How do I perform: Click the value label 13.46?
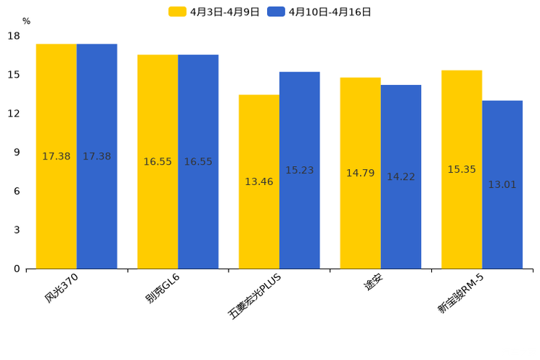259,182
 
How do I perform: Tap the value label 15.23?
299,171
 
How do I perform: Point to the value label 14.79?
360,173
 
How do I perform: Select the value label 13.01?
502,185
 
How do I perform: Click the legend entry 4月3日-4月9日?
215,12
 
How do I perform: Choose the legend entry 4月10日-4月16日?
320,12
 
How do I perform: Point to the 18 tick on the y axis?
14,36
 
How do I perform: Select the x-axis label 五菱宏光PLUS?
254,296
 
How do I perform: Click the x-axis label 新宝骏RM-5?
460,294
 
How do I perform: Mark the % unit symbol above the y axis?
26,22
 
